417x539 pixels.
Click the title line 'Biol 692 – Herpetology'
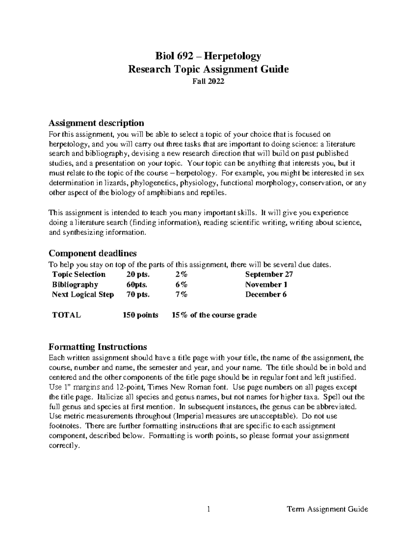(x=208, y=56)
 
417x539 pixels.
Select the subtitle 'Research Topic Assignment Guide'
(x=208, y=69)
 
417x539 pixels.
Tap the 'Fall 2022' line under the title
(x=208, y=82)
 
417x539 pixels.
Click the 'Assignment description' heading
(x=96, y=123)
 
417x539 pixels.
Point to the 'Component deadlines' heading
(x=92, y=253)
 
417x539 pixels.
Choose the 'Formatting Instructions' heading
(x=98, y=347)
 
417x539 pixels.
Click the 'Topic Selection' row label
(x=79, y=275)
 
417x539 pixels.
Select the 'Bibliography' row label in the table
(x=75, y=285)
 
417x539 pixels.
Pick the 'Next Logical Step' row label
(x=83, y=295)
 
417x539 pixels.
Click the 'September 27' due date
(x=269, y=275)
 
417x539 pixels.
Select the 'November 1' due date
(x=266, y=285)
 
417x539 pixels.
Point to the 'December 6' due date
(x=266, y=295)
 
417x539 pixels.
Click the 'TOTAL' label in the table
(x=66, y=315)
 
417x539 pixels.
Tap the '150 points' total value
(x=140, y=315)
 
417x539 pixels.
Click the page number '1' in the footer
(x=208, y=509)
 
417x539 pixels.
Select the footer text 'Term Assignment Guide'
(x=327, y=509)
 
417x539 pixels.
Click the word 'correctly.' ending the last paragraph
(x=65, y=446)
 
